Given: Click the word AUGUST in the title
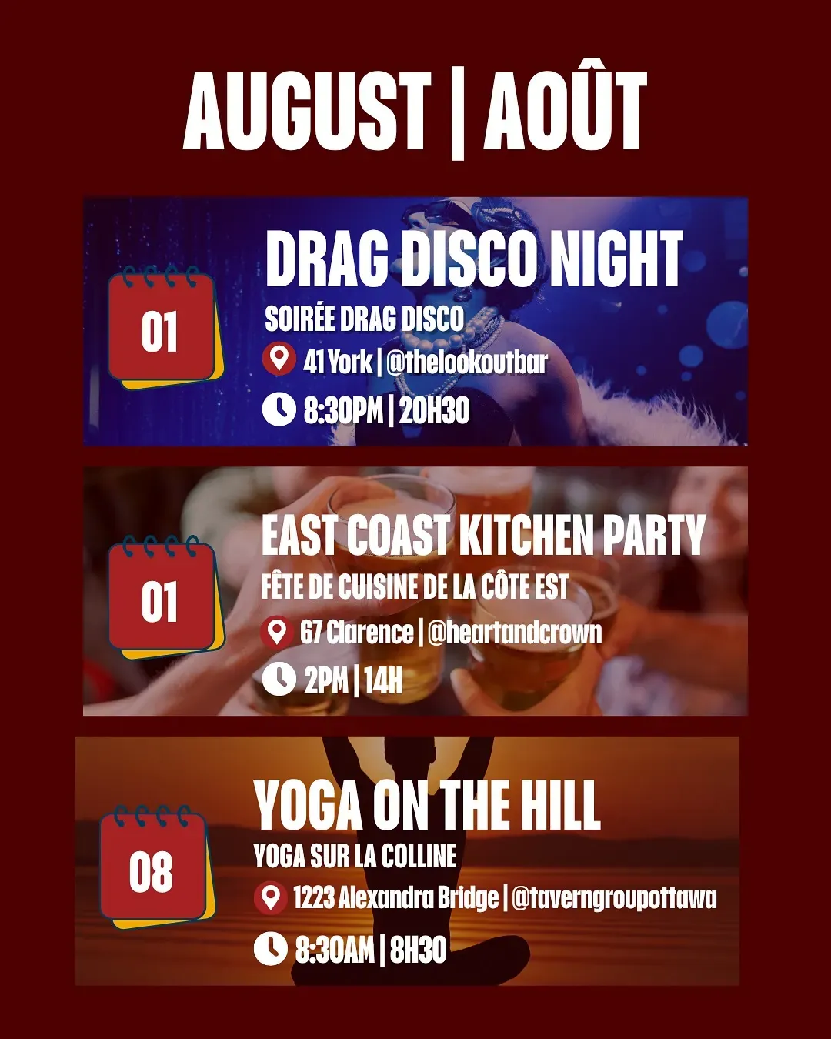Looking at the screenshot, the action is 307,112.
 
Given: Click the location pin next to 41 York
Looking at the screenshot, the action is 279,359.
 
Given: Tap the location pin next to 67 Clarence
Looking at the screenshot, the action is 277,632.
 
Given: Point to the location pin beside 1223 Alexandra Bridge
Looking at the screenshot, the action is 270,897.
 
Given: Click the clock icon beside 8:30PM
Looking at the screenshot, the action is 279,409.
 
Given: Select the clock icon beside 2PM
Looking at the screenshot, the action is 279,679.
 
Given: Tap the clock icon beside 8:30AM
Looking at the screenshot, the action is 270,948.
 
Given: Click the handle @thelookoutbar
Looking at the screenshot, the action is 467,362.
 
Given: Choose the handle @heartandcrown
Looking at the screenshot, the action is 515,633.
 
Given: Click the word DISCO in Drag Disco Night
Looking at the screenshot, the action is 470,259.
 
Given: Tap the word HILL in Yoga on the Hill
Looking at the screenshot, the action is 560,805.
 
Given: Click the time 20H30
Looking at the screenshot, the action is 434,411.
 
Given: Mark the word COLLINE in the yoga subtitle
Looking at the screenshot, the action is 419,856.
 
